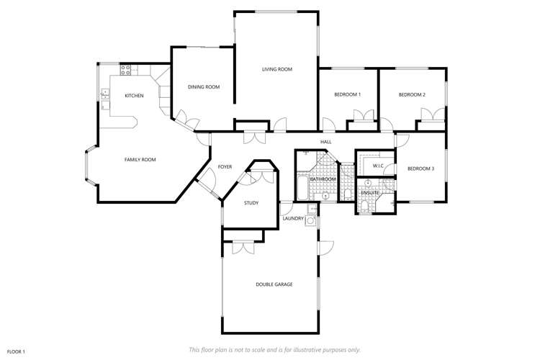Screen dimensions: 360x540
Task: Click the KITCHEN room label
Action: [x=134, y=96]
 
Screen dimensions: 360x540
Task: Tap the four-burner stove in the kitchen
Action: [x=125, y=70]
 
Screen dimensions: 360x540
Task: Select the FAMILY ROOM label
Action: [x=140, y=159]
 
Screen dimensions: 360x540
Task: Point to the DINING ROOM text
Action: [x=204, y=87]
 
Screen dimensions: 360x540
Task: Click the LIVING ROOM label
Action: [x=276, y=69]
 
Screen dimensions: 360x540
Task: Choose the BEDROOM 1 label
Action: [x=348, y=94]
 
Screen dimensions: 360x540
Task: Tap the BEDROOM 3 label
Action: [x=420, y=168]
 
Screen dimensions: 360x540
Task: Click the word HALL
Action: [x=325, y=142]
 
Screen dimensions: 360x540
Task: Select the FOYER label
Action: [x=224, y=166]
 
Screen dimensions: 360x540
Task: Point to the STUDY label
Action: [x=251, y=203]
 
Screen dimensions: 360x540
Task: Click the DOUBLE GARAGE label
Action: [x=274, y=284]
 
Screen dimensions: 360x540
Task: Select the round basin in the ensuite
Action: [x=368, y=182]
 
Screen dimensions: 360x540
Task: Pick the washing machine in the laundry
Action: [x=310, y=222]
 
